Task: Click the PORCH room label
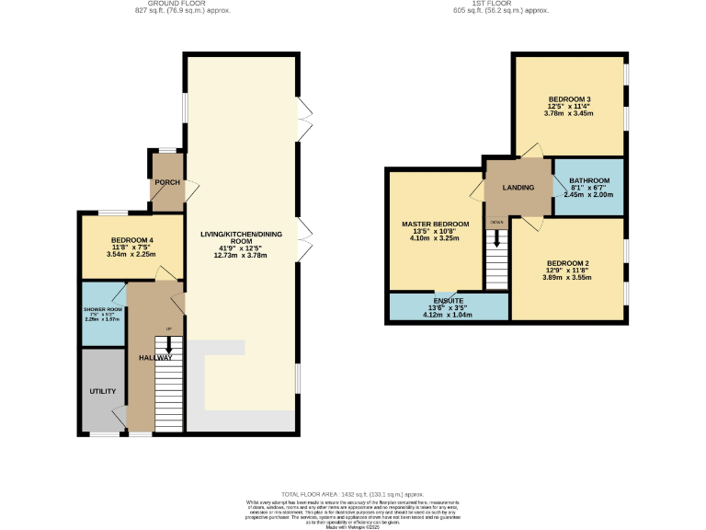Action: click(x=167, y=182)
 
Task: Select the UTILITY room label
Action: click(x=102, y=391)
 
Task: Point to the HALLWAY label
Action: click(x=156, y=357)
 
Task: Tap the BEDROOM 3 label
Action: click(x=569, y=98)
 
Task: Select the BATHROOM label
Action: click(x=589, y=180)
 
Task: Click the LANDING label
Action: click(x=518, y=188)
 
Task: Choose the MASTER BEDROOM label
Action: click(x=435, y=225)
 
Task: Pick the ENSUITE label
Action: click(x=448, y=300)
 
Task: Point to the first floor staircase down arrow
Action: click(x=497, y=239)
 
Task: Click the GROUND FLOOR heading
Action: click(x=183, y=4)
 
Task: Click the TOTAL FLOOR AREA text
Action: click(x=353, y=494)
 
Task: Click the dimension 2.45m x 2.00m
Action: click(x=589, y=195)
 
